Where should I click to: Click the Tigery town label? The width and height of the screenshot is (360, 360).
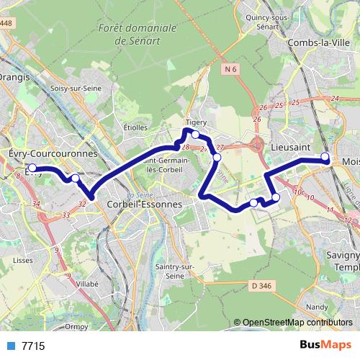point(196,122)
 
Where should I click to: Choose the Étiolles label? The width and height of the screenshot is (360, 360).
point(135,127)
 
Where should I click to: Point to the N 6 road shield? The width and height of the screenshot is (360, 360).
point(230,69)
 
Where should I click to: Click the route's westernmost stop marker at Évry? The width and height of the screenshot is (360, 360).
point(32,168)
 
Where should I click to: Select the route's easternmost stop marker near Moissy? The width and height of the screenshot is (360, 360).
point(325,156)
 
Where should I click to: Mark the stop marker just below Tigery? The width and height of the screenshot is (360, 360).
point(195,134)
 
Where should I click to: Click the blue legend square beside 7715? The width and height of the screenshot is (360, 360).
point(11,346)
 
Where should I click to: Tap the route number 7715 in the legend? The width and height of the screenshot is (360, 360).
point(33,346)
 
